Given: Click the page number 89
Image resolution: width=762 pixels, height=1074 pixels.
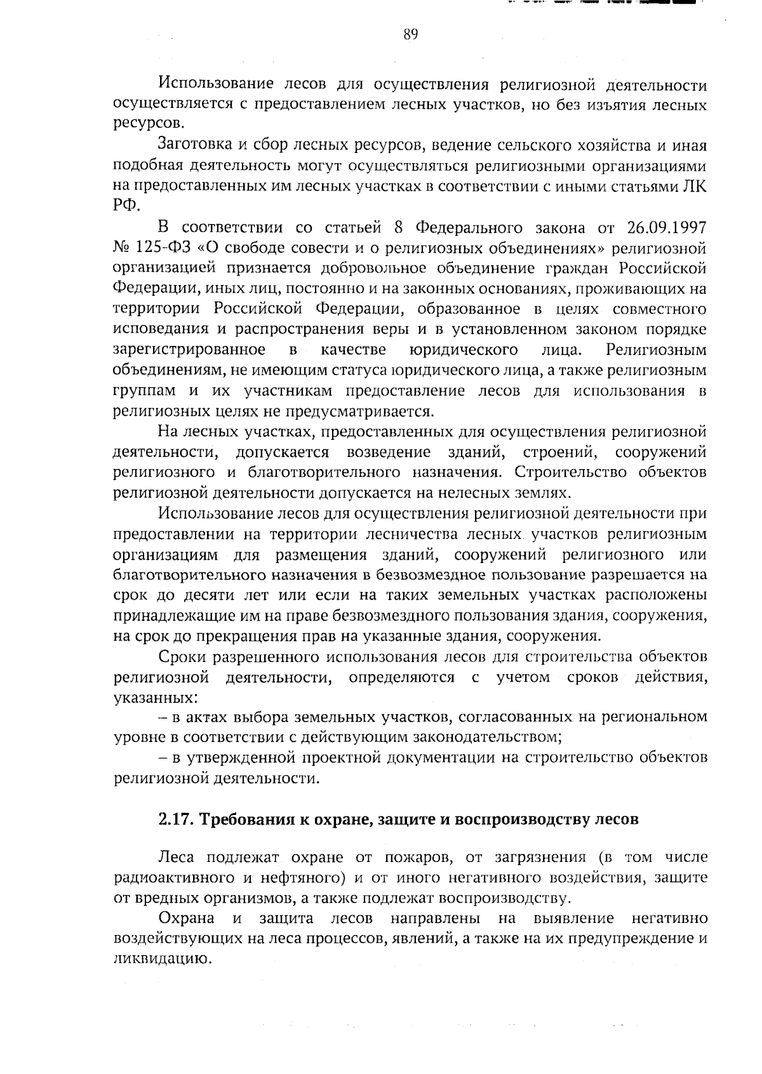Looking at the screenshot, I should pyautogui.click(x=410, y=35).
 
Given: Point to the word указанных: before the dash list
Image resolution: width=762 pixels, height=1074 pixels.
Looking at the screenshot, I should pyautogui.click(x=154, y=698).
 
